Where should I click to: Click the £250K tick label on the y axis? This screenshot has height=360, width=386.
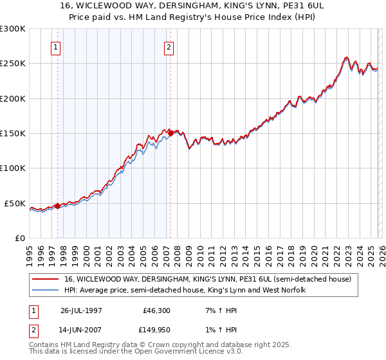(13, 64)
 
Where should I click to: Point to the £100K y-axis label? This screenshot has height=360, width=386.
(13, 168)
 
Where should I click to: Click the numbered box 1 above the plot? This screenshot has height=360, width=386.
(55, 47)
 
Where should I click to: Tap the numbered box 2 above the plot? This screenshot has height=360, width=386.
(169, 47)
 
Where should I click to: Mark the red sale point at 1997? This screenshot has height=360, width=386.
(57, 206)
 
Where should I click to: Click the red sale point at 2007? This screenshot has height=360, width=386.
(170, 134)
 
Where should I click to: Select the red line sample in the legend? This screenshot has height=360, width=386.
(46, 280)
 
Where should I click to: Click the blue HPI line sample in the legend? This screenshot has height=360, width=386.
(46, 290)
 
